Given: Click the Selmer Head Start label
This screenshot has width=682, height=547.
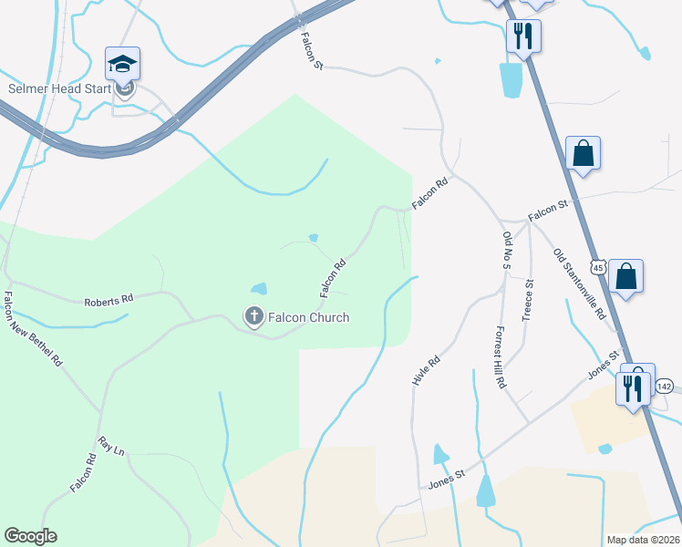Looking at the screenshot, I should [x=60, y=88].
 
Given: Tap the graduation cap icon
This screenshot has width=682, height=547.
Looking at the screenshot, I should [x=123, y=64].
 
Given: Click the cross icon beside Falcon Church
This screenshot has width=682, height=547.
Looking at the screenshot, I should [x=253, y=317].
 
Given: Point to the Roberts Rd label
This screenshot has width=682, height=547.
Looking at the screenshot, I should [x=108, y=299].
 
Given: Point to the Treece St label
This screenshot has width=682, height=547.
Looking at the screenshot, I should [x=527, y=301].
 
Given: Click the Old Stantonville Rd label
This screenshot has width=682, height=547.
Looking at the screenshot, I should [x=580, y=283].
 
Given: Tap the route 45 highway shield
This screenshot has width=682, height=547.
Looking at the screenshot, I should [x=597, y=267].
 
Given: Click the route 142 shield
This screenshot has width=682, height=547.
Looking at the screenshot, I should [x=664, y=387].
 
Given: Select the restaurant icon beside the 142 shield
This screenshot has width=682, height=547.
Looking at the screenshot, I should [x=632, y=386].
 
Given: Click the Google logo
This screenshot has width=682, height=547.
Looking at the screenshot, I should [x=30, y=536].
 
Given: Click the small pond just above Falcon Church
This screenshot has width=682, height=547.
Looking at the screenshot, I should [x=259, y=289].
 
